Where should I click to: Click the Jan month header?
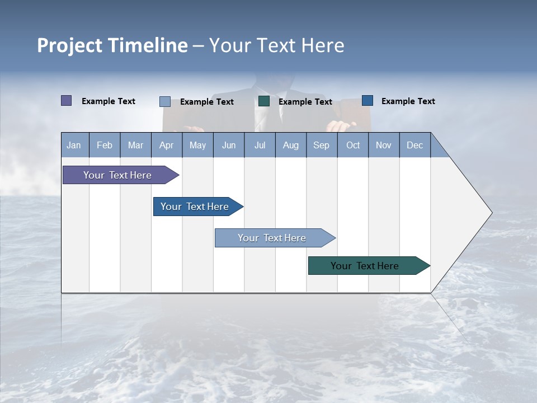coord(74,145)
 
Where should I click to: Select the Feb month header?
coord(105,145)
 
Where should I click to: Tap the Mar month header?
coord(135,145)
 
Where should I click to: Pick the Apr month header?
coord(167,145)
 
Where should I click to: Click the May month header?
coord(197,145)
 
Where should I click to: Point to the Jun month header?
coord(229,145)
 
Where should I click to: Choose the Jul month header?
coord(260,145)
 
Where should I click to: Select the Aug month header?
coord(291,145)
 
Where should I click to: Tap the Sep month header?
coord(322,145)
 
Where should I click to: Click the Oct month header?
coord(353,145)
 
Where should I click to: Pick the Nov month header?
coord(384,145)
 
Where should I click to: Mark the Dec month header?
coord(415,145)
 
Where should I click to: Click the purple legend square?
coord(67,101)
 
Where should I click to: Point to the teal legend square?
coord(264,101)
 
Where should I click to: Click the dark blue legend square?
coord(368,101)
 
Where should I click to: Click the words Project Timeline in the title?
coord(112,45)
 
